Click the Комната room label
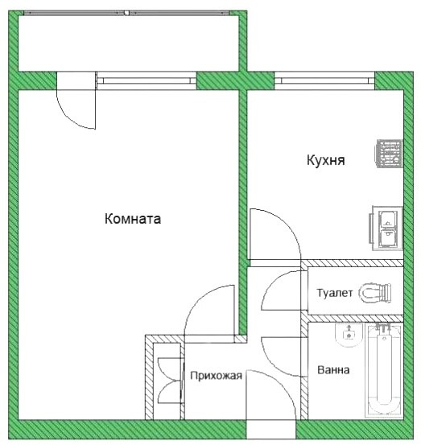click(x=133, y=219)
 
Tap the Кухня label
click(x=326, y=160)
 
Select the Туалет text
click(x=335, y=293)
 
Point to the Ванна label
click(x=333, y=370)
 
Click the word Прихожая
click(x=216, y=376)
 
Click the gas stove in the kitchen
click(x=390, y=154)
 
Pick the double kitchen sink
click(x=386, y=229)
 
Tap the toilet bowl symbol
click(x=375, y=293)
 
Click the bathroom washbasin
click(x=349, y=335)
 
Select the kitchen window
click(x=324, y=81)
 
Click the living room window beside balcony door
click(x=147, y=81)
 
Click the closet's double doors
click(x=171, y=381)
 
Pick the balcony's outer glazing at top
click(x=126, y=13)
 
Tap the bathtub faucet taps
click(x=383, y=328)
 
